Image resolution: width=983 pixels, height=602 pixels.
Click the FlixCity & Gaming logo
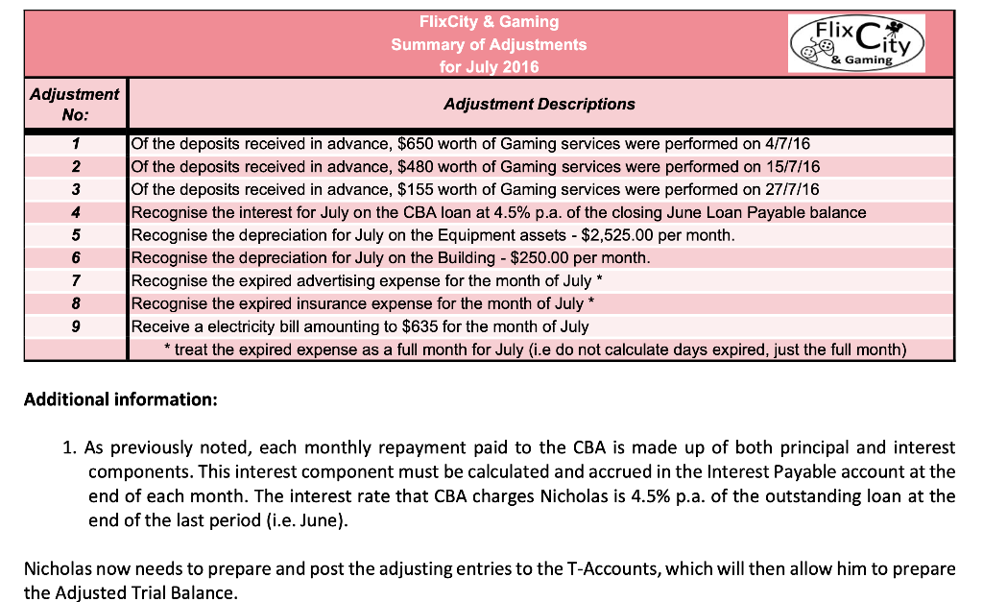(x=855, y=43)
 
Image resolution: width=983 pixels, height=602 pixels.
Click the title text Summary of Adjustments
(x=489, y=44)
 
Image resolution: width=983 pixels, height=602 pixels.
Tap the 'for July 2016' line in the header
(x=489, y=66)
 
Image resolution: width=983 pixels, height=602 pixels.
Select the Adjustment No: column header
(x=75, y=104)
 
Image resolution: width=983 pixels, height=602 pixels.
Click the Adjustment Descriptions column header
(x=539, y=104)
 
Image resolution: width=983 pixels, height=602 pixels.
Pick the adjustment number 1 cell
(x=75, y=144)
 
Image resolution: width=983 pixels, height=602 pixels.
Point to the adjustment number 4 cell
(x=75, y=212)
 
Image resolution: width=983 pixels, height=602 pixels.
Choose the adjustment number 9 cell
(x=75, y=326)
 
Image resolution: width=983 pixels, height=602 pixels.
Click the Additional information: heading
(x=121, y=398)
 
